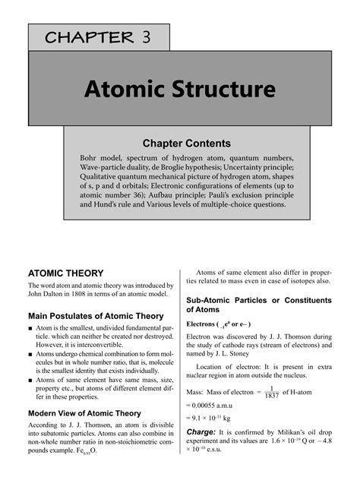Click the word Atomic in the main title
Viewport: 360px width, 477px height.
(x=127, y=90)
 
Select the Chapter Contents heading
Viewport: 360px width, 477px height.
(x=187, y=142)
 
